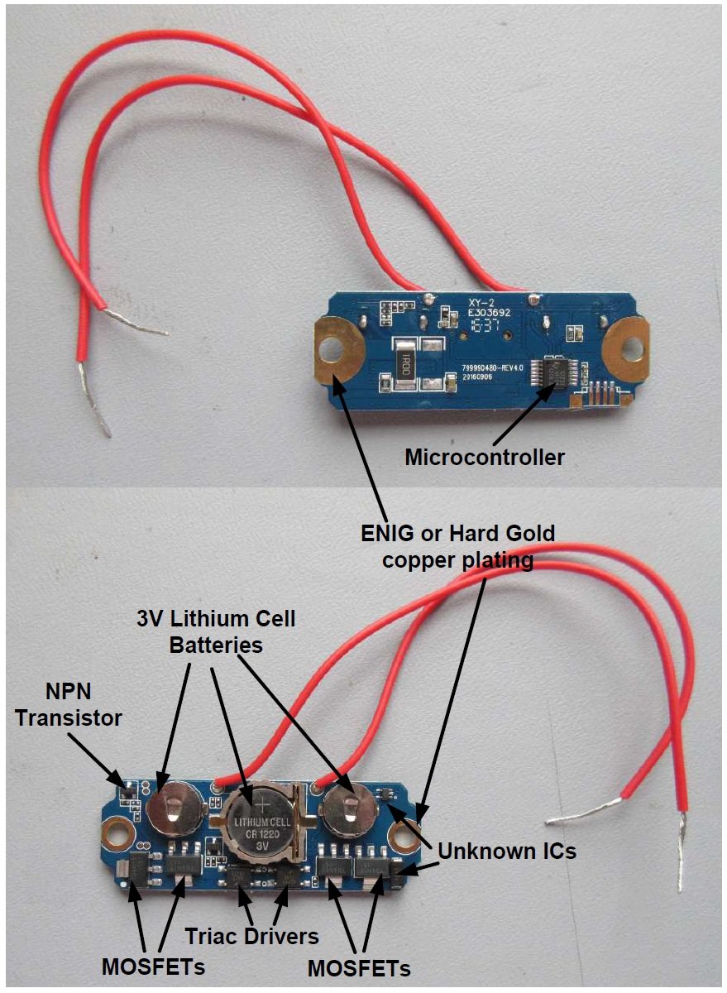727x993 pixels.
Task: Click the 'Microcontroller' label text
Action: click(484, 456)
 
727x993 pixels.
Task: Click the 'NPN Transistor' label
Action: click(69, 705)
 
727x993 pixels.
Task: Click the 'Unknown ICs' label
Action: click(506, 851)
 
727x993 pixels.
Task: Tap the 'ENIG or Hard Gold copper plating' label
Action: click(457, 546)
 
